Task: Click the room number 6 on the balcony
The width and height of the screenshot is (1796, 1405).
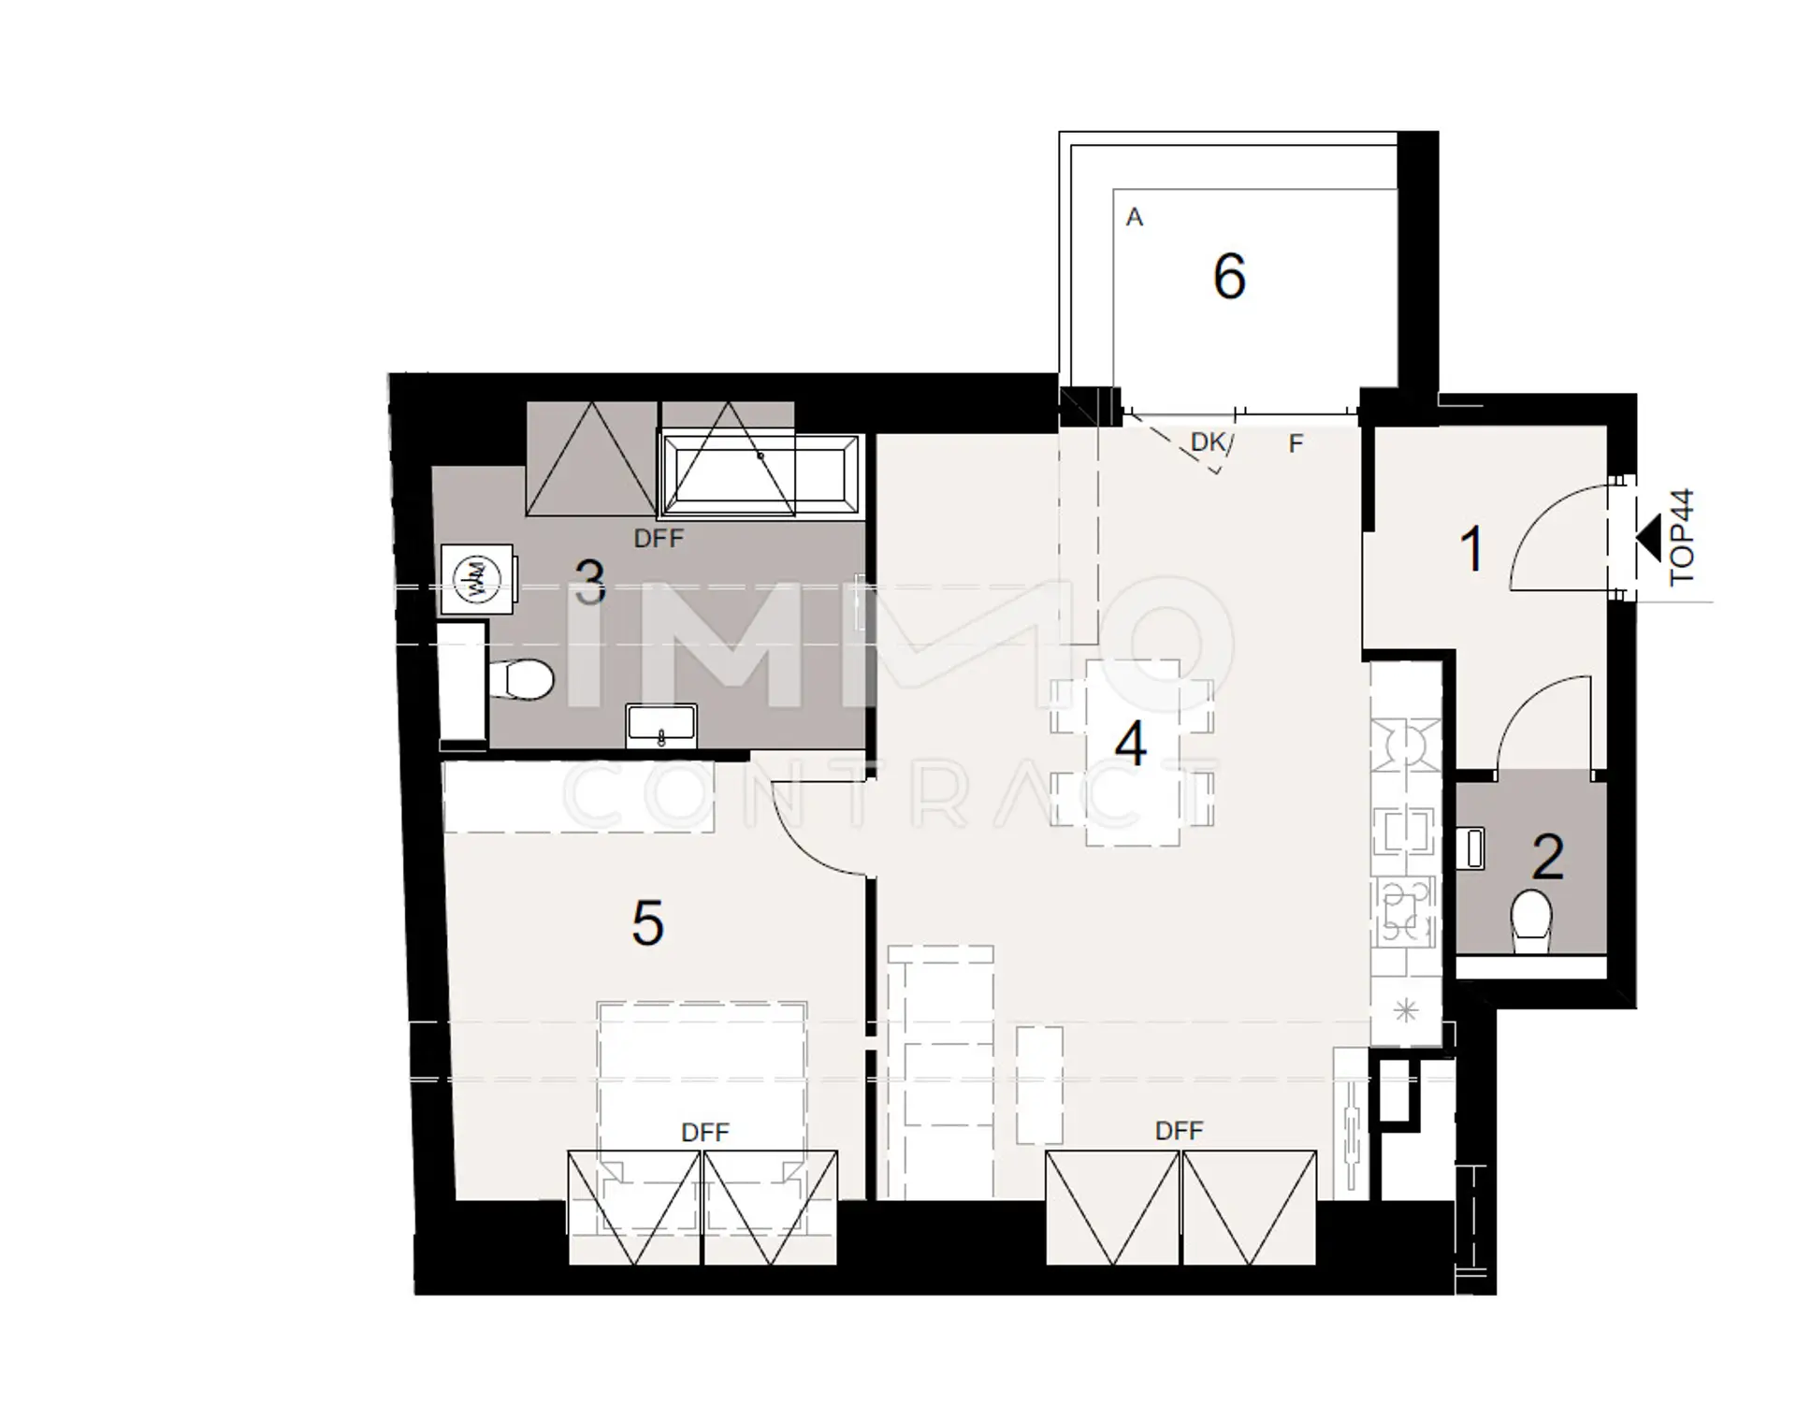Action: tap(1229, 276)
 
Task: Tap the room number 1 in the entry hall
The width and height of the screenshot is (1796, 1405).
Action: tap(1472, 549)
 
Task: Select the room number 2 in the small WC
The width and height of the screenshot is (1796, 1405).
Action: tap(1548, 857)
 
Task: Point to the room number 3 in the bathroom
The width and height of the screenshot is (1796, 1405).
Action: tap(589, 582)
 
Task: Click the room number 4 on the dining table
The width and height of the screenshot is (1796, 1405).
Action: tap(1131, 745)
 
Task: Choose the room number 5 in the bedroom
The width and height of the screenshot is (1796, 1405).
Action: tap(647, 923)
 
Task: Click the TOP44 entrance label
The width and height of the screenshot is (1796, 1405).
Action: tap(1681, 537)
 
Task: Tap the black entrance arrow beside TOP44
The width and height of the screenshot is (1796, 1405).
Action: tap(1647, 537)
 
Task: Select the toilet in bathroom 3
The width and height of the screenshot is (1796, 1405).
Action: tap(520, 679)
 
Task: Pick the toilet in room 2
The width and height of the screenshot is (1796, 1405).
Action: tap(1531, 920)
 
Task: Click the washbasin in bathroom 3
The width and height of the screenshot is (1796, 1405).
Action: tap(661, 726)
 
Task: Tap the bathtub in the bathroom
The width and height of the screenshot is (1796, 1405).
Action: tap(759, 475)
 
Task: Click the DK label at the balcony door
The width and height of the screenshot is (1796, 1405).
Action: tap(1208, 442)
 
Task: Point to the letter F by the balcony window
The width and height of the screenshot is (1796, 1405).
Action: tap(1296, 443)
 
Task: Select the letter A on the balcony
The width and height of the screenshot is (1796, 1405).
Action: tap(1135, 217)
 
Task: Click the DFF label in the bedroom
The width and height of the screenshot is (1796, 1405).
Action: tap(704, 1133)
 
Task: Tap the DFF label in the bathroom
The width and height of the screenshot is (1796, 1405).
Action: tap(659, 538)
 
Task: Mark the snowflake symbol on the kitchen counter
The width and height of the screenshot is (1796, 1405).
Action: tap(1406, 1010)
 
